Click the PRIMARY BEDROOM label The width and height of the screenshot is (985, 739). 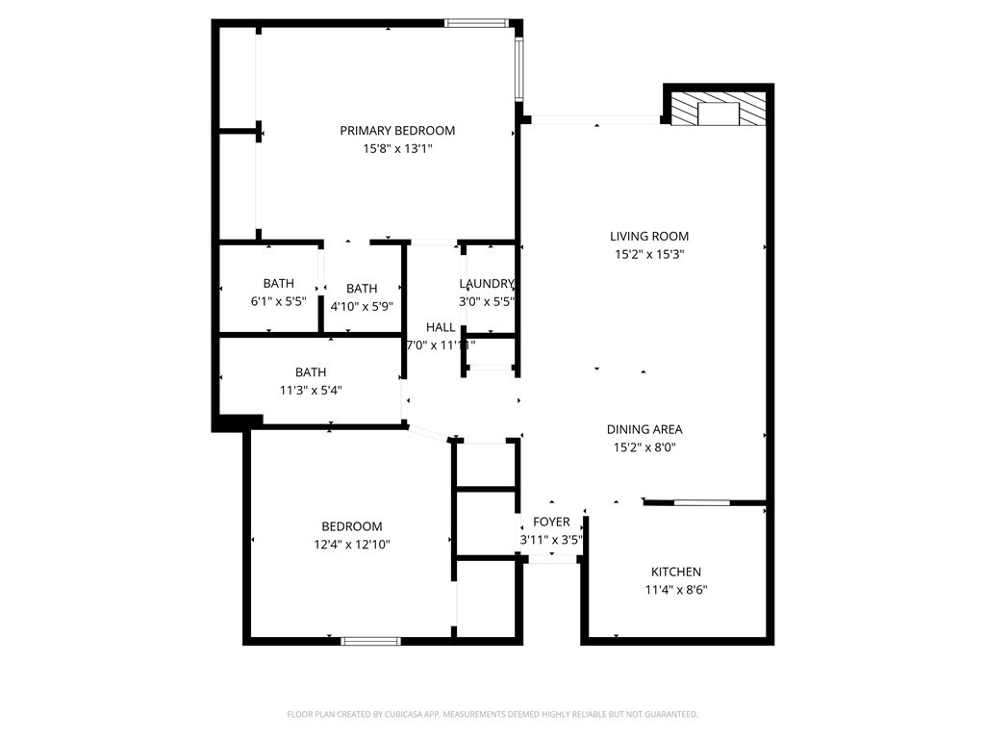[397, 131]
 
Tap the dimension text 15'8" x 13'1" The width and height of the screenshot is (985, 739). [397, 149]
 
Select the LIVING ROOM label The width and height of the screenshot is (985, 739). [649, 237]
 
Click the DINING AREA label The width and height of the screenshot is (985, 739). [644, 430]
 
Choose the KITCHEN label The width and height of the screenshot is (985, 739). [676, 573]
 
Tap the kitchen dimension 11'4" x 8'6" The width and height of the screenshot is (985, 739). [676, 591]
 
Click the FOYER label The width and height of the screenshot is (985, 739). [551, 522]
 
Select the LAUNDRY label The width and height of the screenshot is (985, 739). [487, 284]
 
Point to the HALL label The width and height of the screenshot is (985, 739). [441, 327]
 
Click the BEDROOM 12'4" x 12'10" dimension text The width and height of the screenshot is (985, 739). [351, 545]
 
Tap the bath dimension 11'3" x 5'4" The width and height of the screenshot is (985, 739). [311, 391]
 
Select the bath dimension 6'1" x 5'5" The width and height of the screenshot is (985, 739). [279, 301]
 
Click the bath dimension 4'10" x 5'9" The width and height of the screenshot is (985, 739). [362, 307]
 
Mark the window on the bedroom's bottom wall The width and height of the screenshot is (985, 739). [370, 640]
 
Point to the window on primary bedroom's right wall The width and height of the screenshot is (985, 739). [518, 70]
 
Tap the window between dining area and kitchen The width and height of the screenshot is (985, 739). [701, 502]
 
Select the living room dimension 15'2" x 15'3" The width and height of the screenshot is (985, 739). [649, 255]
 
